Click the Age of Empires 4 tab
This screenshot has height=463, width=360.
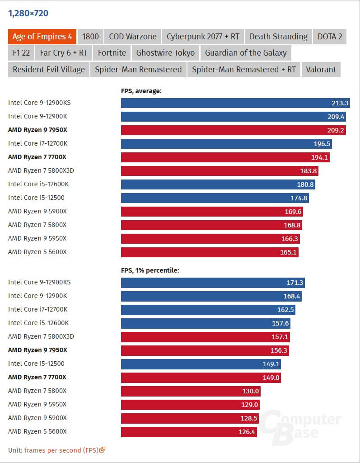pos(42,37)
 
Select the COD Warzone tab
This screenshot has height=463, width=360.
pos(132,37)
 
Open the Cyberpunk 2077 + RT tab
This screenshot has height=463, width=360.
pos(203,37)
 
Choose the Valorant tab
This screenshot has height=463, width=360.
pos(321,69)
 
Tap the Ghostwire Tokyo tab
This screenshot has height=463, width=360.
pos(165,53)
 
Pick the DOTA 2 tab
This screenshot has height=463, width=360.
pos(330,37)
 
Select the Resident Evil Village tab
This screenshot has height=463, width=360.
pos(49,69)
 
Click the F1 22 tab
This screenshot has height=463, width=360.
pos(21,53)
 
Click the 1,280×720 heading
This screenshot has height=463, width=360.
pos(28,13)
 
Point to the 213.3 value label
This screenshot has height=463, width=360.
pos(340,103)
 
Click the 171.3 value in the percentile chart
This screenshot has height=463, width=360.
pos(295,283)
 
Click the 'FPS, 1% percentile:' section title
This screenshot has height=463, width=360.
pos(150,270)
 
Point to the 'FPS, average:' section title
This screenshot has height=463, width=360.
pos(141,91)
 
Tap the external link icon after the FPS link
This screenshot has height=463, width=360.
pos(103,450)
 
